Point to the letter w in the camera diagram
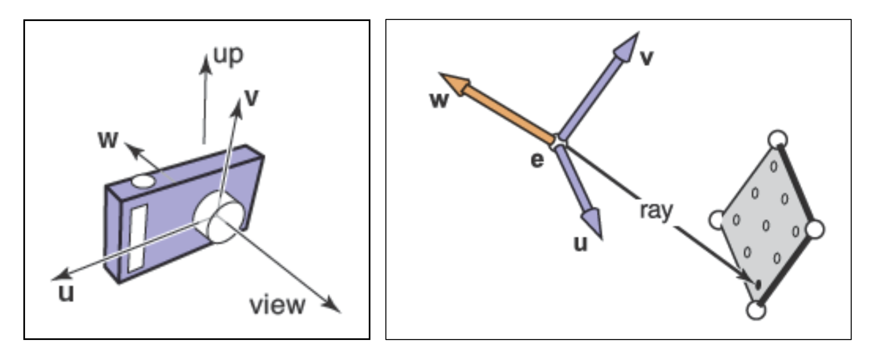(108, 139)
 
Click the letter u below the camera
(66, 293)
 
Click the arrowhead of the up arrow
(205, 64)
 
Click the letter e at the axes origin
(537, 160)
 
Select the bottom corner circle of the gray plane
(756, 310)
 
